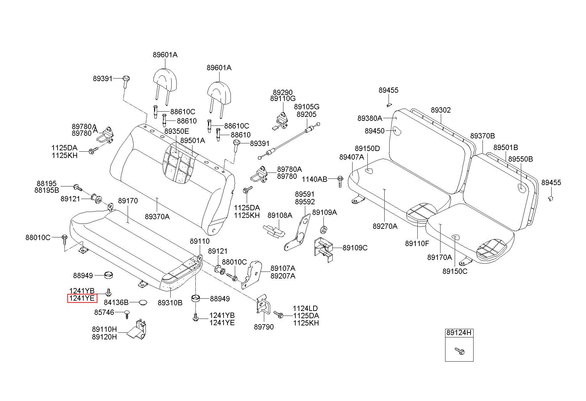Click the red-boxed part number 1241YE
click(x=82, y=298)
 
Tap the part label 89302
click(x=441, y=110)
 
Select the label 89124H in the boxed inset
click(x=459, y=333)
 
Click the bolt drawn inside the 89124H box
click(x=459, y=351)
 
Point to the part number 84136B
click(x=116, y=302)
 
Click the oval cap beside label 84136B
click(x=143, y=302)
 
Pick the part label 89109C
click(x=355, y=248)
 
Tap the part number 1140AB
click(x=314, y=179)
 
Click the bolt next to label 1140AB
click(x=340, y=181)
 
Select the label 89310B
click(x=170, y=303)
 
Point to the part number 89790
click(x=264, y=327)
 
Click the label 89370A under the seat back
click(x=157, y=217)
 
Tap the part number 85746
click(x=104, y=312)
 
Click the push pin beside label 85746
click(x=127, y=314)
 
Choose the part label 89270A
click(x=385, y=226)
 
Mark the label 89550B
click(x=521, y=159)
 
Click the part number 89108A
click(x=280, y=216)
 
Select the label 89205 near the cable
click(x=306, y=114)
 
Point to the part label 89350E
click(x=177, y=131)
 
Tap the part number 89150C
click(x=455, y=271)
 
